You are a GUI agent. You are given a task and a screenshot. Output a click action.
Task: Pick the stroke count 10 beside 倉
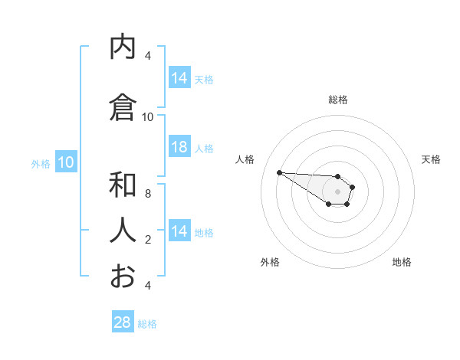148,117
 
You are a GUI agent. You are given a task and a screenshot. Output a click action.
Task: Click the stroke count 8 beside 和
148,194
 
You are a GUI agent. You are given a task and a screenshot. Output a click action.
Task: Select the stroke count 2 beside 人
148,240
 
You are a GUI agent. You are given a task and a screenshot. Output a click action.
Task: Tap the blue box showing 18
179,148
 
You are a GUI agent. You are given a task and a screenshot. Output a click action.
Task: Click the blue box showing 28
123,322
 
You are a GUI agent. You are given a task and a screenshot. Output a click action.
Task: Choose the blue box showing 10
66,162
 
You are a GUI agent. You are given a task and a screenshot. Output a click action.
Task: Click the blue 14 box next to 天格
179,78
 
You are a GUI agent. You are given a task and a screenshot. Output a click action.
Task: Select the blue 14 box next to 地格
179,232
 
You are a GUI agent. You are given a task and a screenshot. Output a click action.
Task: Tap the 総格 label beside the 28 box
147,324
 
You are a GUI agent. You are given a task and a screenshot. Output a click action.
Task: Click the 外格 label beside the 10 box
41,163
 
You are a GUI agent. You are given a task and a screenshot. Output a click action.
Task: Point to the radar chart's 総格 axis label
338,100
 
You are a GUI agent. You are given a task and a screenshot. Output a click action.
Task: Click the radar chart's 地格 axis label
402,262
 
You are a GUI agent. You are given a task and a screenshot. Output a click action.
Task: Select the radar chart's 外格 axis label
270,262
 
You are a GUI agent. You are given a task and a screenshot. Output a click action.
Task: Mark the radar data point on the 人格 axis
279,172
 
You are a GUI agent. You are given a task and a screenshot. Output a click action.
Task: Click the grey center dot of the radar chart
337,191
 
